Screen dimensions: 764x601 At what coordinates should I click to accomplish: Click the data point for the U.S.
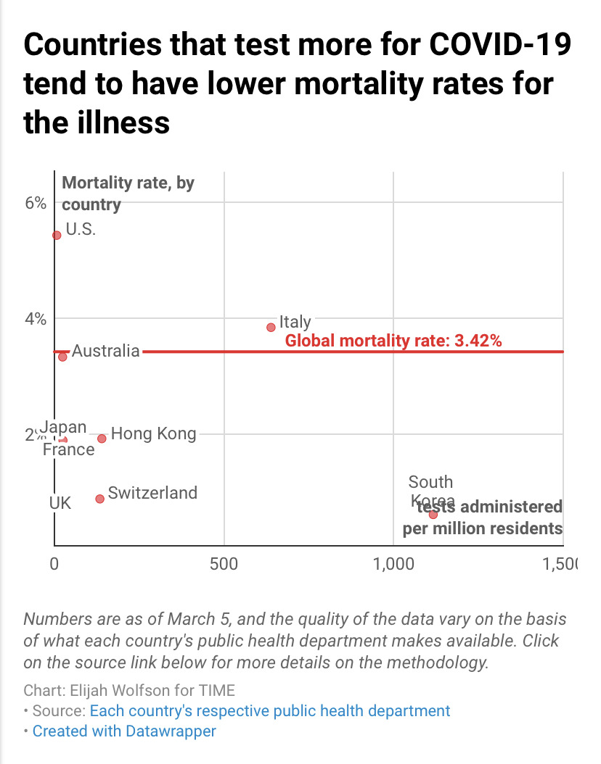pyautogui.click(x=57, y=235)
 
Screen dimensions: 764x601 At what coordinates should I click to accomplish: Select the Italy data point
pyautogui.click(x=271, y=327)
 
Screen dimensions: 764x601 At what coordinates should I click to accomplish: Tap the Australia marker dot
pyautogui.click(x=62, y=357)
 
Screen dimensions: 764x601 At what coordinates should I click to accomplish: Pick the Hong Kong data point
pyautogui.click(x=102, y=439)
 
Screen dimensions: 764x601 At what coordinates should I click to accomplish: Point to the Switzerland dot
pyautogui.click(x=99, y=499)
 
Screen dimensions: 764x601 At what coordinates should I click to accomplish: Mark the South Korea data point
pyautogui.click(x=433, y=514)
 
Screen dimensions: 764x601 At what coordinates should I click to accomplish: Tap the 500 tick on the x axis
pyautogui.click(x=224, y=565)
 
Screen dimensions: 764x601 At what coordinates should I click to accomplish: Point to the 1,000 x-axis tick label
pyautogui.click(x=393, y=565)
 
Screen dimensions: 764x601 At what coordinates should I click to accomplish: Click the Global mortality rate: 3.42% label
pyautogui.click(x=393, y=341)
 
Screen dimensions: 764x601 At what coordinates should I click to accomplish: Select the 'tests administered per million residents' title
pyautogui.click(x=483, y=517)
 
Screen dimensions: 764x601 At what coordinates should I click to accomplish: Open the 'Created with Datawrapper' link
pyautogui.click(x=124, y=731)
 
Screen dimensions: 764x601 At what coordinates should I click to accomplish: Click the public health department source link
pyautogui.click(x=270, y=710)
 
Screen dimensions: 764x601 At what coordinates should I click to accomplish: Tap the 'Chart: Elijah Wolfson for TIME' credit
pyautogui.click(x=129, y=690)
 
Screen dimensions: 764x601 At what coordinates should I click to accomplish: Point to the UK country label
pyautogui.click(x=60, y=502)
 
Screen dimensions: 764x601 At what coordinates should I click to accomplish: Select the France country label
pyautogui.click(x=68, y=450)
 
